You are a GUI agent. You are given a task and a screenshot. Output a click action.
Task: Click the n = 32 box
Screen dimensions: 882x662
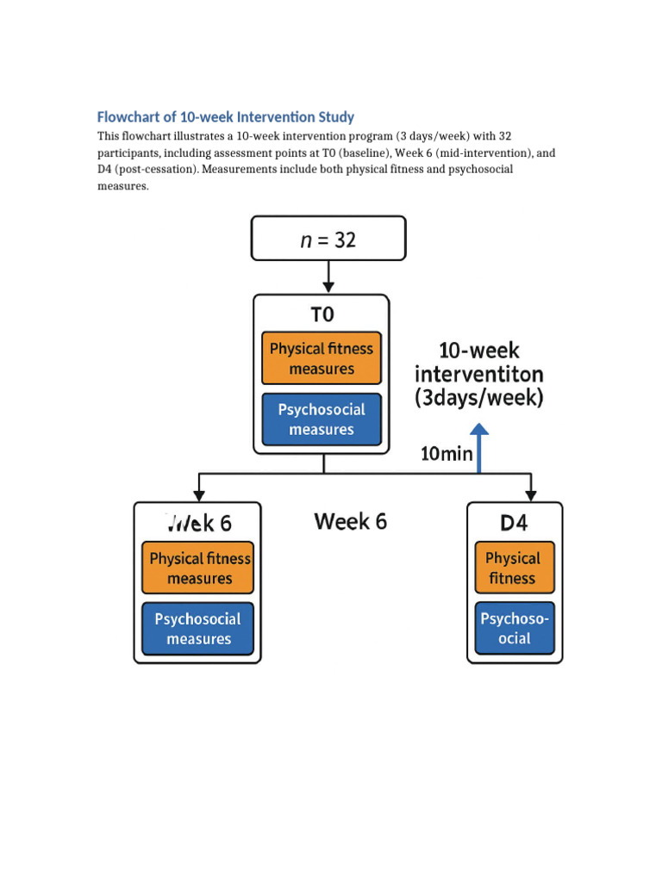pos(328,239)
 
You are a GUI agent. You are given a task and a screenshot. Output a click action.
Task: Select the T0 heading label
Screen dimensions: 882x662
pos(322,315)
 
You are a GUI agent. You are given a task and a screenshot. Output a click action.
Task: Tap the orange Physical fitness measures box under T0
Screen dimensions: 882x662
pos(322,358)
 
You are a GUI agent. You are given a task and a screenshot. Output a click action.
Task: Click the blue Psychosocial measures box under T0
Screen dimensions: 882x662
pos(322,419)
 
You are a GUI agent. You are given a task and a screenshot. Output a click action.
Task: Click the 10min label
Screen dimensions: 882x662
pos(447,454)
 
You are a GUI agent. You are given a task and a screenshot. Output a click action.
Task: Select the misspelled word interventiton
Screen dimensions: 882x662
pos(479,375)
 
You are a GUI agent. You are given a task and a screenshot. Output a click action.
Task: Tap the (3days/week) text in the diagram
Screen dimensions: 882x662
pos(479,399)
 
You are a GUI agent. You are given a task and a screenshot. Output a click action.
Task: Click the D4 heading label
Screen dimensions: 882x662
pos(514,523)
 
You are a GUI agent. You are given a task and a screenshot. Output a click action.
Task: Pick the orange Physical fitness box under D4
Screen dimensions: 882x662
pos(514,568)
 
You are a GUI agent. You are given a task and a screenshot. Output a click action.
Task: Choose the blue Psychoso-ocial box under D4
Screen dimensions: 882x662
pos(514,628)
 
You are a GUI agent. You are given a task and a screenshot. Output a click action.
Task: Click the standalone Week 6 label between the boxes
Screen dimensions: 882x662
pos(351,521)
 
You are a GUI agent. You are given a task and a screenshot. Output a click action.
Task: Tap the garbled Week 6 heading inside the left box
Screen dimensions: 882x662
pos(198,523)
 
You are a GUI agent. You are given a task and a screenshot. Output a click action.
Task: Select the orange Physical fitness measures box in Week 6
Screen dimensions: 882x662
pos(198,568)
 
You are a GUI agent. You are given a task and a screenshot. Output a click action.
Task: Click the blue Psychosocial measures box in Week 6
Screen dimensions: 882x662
pos(198,628)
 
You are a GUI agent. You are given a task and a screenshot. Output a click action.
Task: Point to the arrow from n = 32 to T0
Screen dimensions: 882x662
pos(328,276)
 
